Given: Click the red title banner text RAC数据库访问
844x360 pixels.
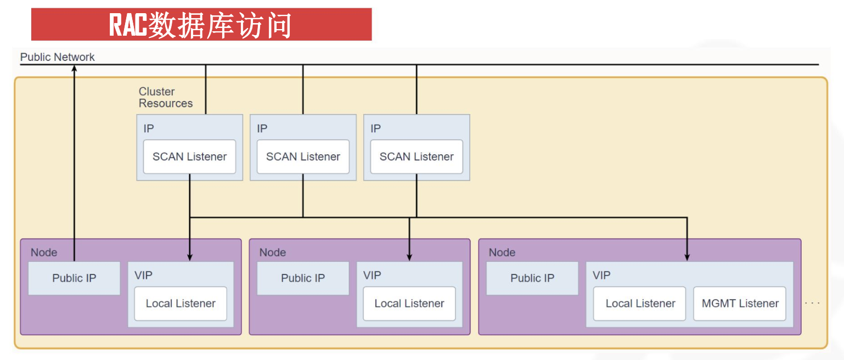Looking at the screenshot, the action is (200, 25).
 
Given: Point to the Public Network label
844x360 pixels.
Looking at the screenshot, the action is (57, 57).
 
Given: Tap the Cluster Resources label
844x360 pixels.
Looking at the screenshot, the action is (165, 97).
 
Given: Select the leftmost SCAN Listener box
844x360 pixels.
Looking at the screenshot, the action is (189, 156).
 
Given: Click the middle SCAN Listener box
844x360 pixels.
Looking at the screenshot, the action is (303, 156).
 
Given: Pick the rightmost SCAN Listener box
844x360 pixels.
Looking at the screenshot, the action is (417, 156).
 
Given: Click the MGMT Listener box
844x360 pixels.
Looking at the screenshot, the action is (740, 303).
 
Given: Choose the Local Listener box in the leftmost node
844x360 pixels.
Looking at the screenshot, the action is (181, 303).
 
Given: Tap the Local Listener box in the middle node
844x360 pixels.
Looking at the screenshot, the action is (409, 303).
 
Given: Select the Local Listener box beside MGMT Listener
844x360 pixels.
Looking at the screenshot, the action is (639, 303).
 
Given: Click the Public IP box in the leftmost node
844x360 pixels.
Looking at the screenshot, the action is (74, 278).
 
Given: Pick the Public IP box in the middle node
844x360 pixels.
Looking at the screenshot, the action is (303, 278).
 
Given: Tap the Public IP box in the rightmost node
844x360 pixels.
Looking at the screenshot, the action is (532, 278).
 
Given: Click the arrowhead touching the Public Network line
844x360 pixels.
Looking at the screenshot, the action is (74, 68).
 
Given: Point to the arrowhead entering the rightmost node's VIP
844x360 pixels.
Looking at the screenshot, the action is (687, 257).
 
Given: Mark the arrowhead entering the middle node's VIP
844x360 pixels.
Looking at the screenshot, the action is (409, 257).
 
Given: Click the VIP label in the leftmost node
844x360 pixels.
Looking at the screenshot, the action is (144, 275).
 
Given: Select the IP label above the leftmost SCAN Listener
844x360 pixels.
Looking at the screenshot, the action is (149, 128).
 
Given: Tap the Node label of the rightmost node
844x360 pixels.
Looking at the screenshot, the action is (502, 252).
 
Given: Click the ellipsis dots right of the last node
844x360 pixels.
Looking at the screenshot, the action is (812, 303).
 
